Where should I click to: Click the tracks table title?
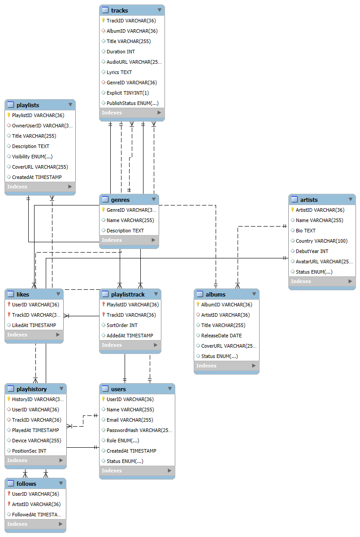coord(119,10)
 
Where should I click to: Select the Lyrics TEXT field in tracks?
coord(119,72)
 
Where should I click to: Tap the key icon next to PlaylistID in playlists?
coord(9,115)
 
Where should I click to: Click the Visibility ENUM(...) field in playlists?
coord(32,157)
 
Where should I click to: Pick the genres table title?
coord(120,200)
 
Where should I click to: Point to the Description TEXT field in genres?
coord(125,231)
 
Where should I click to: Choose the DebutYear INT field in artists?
coord(312,251)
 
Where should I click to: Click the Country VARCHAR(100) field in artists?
coord(321,241)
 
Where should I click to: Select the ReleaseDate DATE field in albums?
coord(221,336)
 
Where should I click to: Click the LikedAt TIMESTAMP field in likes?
coord(34,325)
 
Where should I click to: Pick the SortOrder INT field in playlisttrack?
coord(122,325)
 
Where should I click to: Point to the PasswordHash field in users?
coord(139,430)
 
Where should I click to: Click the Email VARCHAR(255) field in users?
coord(130,420)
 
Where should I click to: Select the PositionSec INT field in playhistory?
coord(29,451)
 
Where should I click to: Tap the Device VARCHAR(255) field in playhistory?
coord(36,441)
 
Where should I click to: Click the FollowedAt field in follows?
coord(36,515)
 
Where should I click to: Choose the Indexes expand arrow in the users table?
coord(169,471)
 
